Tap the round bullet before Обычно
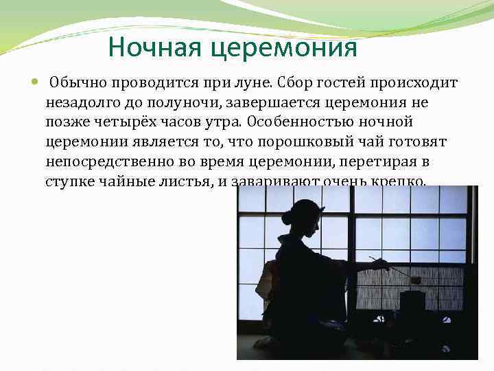pyautogui.click(x=35, y=83)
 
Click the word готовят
pyautogui.click(x=420, y=143)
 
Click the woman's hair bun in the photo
pyautogui.click(x=287, y=218)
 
